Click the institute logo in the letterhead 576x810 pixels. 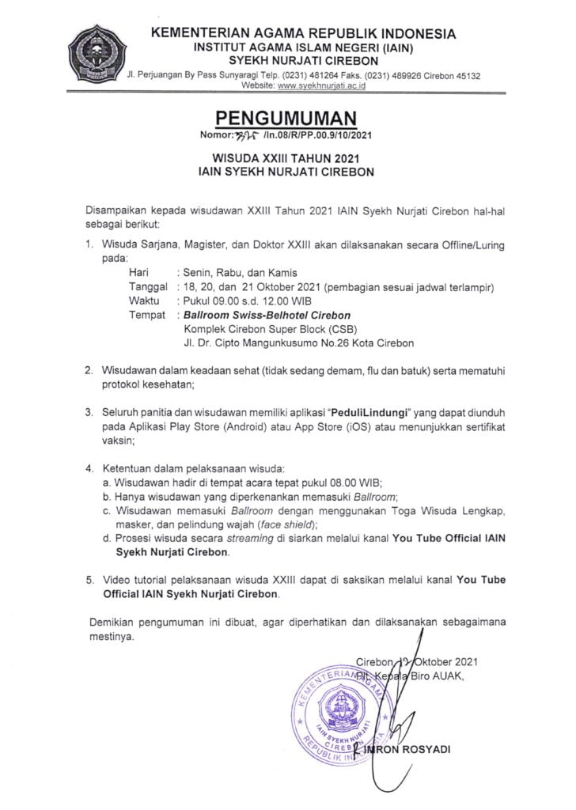[x=96, y=55]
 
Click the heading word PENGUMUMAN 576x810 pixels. [x=287, y=119]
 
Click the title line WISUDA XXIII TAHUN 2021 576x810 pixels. [x=287, y=157]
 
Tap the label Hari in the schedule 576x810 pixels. [x=138, y=272]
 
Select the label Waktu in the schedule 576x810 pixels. [x=142, y=301]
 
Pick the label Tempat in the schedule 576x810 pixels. [x=146, y=315]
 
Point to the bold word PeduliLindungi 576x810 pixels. [x=351, y=413]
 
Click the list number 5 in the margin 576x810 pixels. [x=90, y=580]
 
